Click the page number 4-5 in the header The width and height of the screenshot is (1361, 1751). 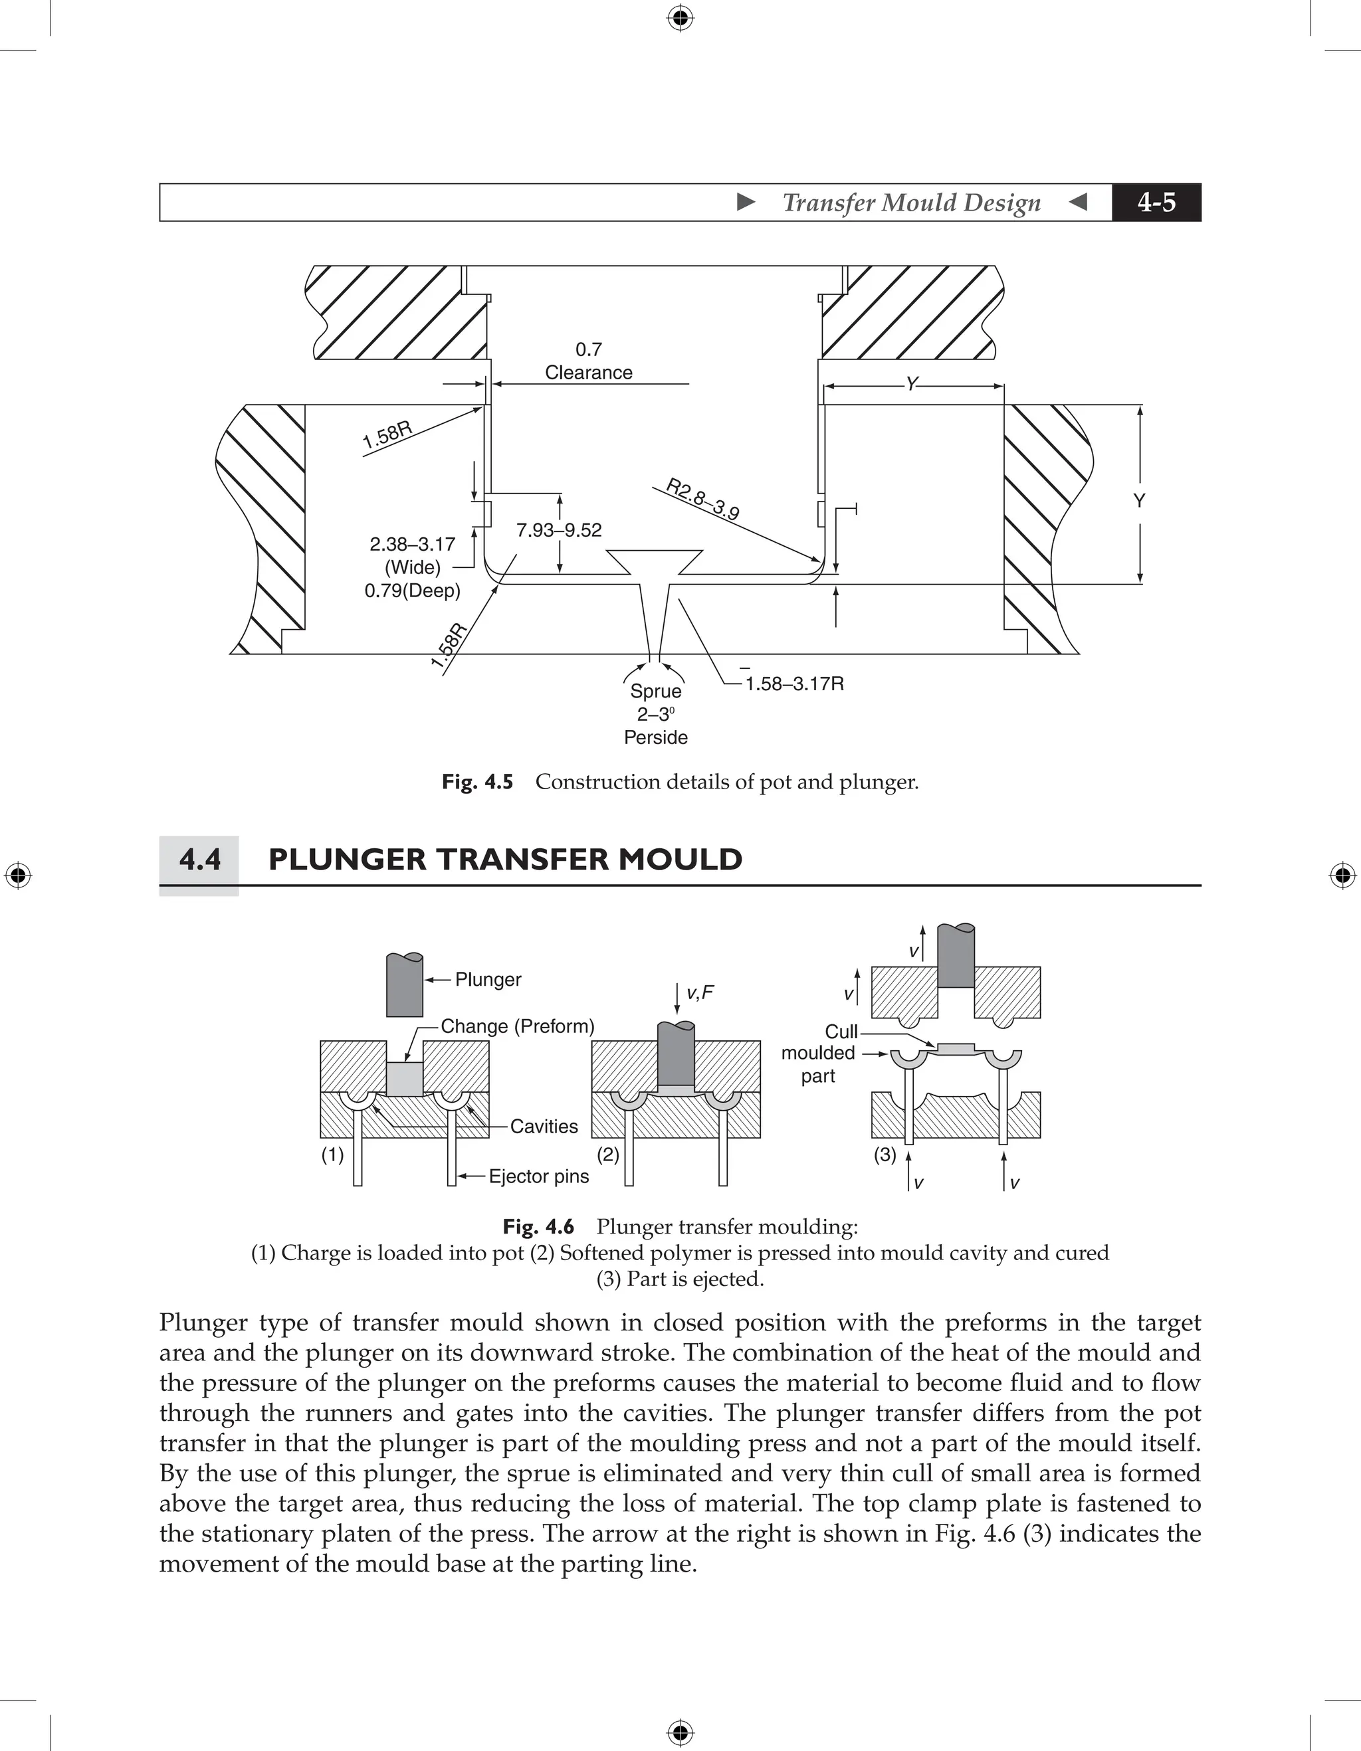(x=1156, y=203)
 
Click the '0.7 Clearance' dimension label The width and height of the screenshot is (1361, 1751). (x=588, y=361)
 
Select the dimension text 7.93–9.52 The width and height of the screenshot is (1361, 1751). (x=558, y=531)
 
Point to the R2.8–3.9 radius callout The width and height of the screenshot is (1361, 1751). (x=702, y=500)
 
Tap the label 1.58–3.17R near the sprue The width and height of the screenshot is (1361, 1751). (x=794, y=684)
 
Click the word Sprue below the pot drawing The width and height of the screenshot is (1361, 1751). (x=655, y=691)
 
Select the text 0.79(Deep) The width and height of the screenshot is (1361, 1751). (x=412, y=592)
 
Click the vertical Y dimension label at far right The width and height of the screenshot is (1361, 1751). (x=1139, y=501)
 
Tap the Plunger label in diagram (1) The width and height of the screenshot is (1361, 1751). (x=488, y=980)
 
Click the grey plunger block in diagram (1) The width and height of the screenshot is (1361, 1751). (x=404, y=986)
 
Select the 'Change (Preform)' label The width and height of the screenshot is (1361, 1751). (x=517, y=1027)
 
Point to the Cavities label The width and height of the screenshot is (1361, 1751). (x=543, y=1127)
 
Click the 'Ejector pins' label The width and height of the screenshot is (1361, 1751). (x=538, y=1176)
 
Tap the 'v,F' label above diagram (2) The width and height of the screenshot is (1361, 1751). (x=699, y=993)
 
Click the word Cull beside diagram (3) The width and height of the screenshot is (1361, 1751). (x=841, y=1032)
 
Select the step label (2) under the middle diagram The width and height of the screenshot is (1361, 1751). (x=609, y=1154)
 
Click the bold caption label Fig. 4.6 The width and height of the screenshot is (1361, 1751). (x=538, y=1227)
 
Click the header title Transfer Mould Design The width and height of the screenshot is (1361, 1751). (x=911, y=203)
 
